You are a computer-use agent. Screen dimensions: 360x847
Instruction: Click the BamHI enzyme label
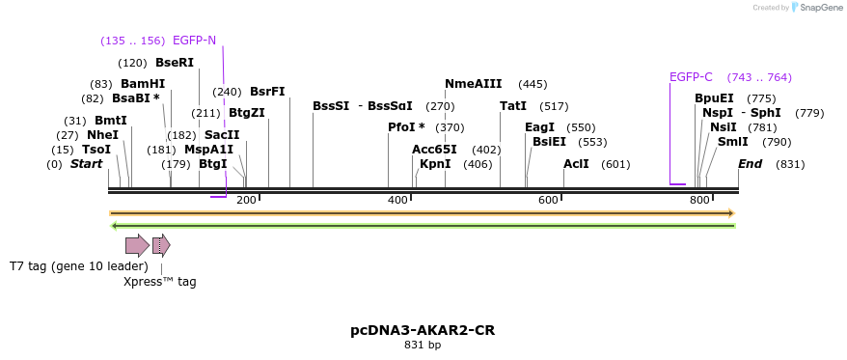pos(143,84)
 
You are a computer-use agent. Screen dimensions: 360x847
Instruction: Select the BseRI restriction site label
pos(175,63)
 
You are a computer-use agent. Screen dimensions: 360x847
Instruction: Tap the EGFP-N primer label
pos(195,41)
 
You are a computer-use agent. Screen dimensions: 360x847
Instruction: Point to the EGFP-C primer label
pos(691,77)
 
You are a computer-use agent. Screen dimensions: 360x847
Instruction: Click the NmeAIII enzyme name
pos(474,84)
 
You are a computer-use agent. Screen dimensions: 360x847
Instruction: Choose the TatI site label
pos(513,106)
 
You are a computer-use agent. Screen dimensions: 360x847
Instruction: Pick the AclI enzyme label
pos(576,164)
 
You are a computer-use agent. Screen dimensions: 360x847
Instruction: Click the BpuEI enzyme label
pos(714,98)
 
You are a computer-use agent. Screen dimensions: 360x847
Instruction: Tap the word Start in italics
pos(86,164)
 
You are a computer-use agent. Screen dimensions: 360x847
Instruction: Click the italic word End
pos(750,164)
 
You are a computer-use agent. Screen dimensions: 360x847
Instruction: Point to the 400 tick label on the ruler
pos(397,200)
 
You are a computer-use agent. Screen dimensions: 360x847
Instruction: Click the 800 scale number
pos(699,200)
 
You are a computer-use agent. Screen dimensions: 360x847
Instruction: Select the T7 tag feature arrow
pos(137,245)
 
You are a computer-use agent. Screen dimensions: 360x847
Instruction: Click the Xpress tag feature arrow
pos(161,245)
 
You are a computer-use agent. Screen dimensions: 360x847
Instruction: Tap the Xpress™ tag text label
pos(160,282)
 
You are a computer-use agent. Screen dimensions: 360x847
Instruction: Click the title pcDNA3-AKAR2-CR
pos(423,330)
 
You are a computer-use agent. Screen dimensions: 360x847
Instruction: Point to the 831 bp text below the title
pos(423,345)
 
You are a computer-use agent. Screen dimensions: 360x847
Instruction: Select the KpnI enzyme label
pos(435,164)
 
